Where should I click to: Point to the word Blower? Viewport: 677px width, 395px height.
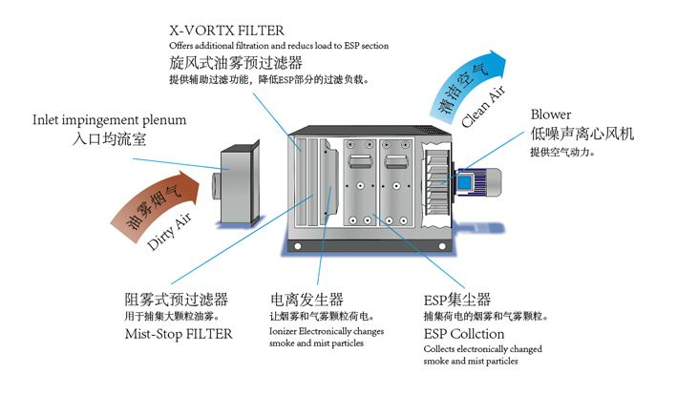tap(551, 114)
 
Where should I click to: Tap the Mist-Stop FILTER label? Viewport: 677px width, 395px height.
tap(179, 334)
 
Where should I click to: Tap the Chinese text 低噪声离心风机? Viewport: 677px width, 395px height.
tap(582, 135)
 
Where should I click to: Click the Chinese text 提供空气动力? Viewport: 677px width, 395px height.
tap(563, 152)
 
